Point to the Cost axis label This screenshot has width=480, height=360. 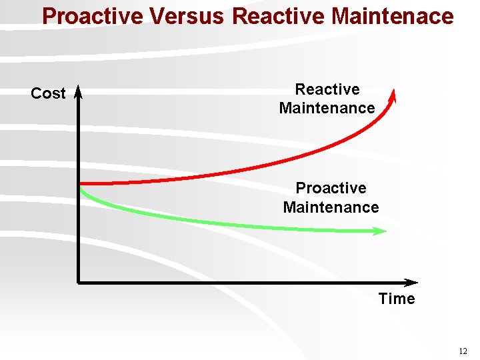click(48, 94)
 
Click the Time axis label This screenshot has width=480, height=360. click(397, 299)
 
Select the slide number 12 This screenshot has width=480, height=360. click(463, 351)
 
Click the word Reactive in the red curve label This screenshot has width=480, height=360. click(327, 89)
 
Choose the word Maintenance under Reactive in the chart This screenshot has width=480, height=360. click(327, 108)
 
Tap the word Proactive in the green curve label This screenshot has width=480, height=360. click(331, 188)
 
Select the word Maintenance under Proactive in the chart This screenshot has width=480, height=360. click(331, 207)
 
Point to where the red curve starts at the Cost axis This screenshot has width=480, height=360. click(81, 183)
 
